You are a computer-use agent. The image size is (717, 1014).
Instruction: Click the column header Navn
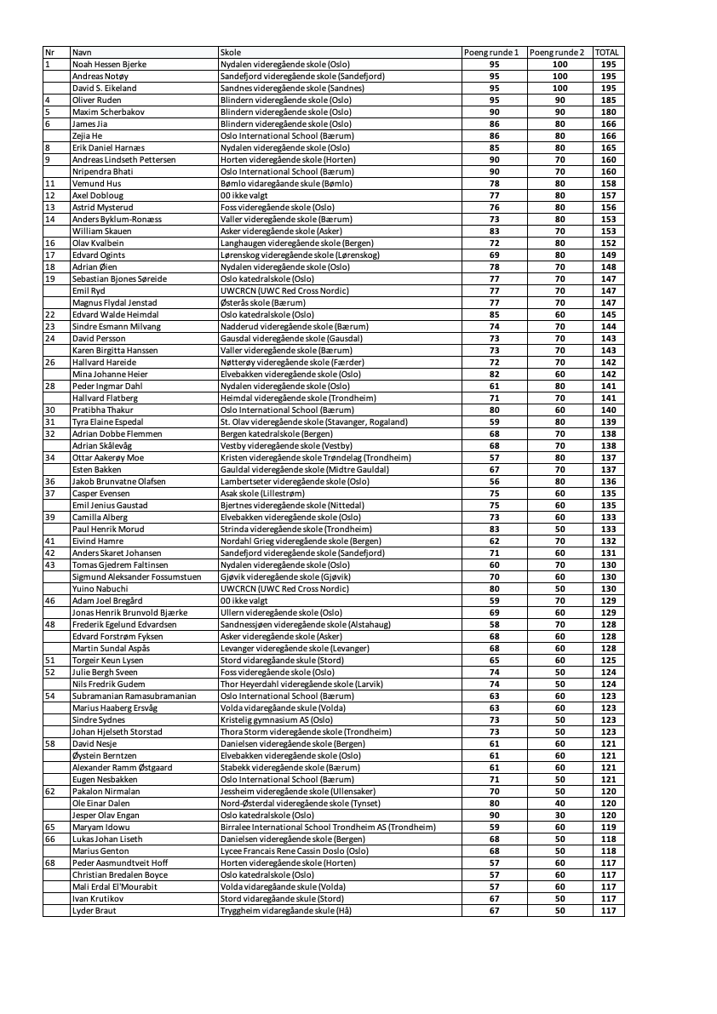tap(82, 53)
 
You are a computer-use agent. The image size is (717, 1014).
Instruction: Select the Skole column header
tap(231, 53)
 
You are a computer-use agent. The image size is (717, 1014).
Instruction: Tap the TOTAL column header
tap(607, 53)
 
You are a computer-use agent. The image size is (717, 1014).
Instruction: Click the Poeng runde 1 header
tap(491, 53)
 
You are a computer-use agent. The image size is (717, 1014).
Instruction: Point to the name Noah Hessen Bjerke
tap(109, 65)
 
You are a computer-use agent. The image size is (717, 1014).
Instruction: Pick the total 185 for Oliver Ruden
tap(608, 100)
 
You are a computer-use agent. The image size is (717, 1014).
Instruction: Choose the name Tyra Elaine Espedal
tap(107, 422)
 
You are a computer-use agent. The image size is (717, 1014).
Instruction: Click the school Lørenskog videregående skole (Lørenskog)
tap(300, 255)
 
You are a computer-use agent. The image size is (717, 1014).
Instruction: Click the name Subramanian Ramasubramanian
tap(134, 696)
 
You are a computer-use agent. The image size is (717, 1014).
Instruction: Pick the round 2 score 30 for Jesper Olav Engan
tap(559, 816)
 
